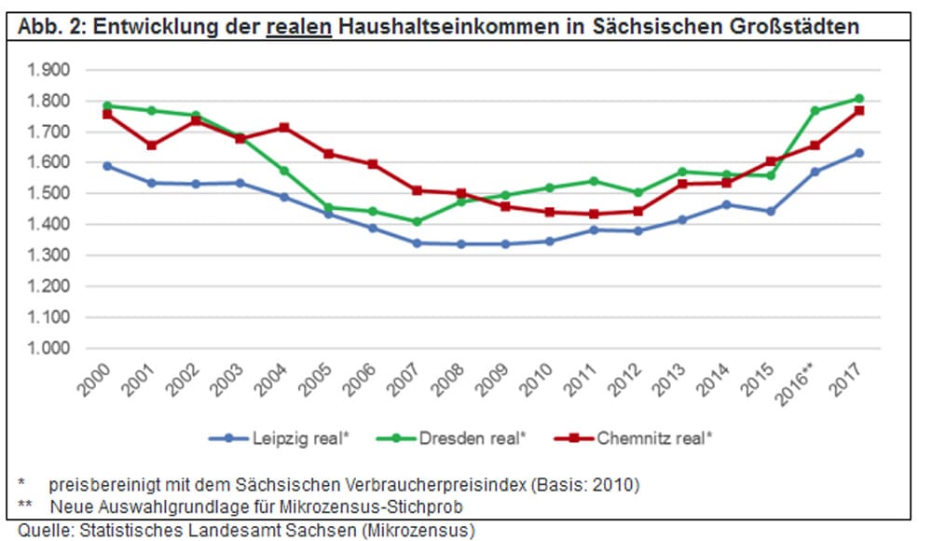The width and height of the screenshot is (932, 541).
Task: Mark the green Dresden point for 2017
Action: pos(859,98)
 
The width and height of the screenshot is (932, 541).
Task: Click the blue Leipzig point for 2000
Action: pos(108,166)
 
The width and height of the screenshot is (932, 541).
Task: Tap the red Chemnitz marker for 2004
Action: pos(284,128)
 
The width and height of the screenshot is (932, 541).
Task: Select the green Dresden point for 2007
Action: pos(417,222)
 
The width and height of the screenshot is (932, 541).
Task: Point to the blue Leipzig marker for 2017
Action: pos(859,153)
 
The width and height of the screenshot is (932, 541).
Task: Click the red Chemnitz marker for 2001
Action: pos(152,146)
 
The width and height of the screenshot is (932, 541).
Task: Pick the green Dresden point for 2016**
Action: pos(815,111)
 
